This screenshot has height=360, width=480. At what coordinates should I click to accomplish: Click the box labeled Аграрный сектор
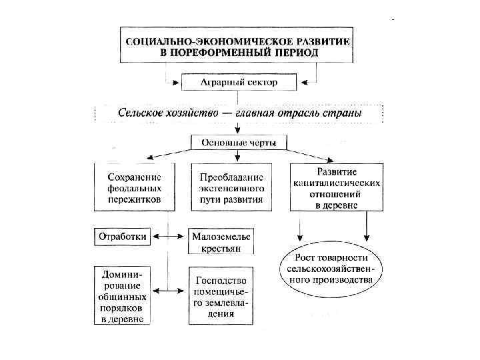pyautogui.click(x=239, y=83)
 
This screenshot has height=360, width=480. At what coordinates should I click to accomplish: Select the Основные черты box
pyautogui.click(x=239, y=143)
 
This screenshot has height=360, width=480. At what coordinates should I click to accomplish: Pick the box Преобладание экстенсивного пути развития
pyautogui.click(x=231, y=187)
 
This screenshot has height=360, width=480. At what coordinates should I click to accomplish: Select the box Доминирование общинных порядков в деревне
pyautogui.click(x=123, y=295)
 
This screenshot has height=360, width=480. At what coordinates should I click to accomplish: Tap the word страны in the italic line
pyautogui.click(x=345, y=113)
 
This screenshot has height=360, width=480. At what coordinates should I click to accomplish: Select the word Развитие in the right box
pyautogui.click(x=337, y=170)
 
